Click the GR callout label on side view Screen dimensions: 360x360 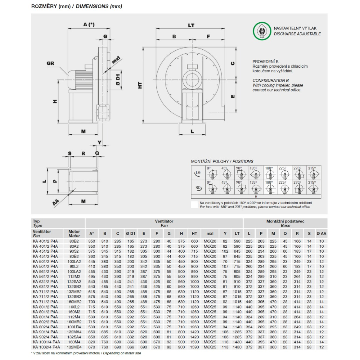point(50,63)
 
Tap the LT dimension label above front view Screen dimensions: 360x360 point(191,25)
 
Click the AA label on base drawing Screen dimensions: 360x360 point(55,203)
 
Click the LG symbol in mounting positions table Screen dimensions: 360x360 point(197,173)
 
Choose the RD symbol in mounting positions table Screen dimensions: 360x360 point(197,188)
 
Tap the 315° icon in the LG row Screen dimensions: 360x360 point(312,174)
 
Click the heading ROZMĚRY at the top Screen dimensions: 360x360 point(44,6)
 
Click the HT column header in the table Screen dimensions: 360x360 point(194,234)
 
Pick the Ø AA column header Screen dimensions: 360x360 point(321,234)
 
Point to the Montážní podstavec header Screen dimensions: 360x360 point(285,221)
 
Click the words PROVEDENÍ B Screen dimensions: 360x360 point(265,62)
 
